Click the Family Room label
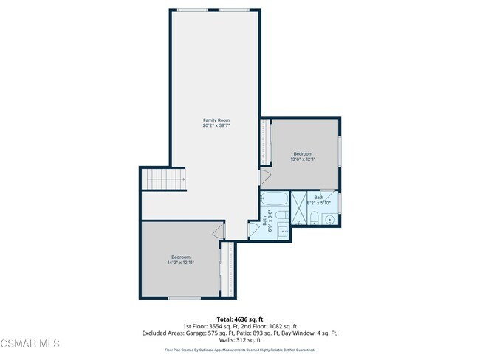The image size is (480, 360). click(216, 120)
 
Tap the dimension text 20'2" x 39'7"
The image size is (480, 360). click(216, 125)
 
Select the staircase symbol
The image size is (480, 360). click(163, 179)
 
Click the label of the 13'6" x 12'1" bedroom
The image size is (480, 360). click(303, 153)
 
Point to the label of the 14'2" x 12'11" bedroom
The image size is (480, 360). click(180, 257)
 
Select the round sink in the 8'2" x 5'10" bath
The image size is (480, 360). click(330, 219)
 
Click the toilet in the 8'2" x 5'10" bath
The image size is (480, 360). click(315, 217)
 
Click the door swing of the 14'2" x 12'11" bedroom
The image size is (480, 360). click(219, 232)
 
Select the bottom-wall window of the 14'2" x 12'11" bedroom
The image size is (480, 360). click(184, 298)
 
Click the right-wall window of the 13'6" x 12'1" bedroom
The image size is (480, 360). click(340, 151)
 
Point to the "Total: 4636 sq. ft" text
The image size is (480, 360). click(240, 319)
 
